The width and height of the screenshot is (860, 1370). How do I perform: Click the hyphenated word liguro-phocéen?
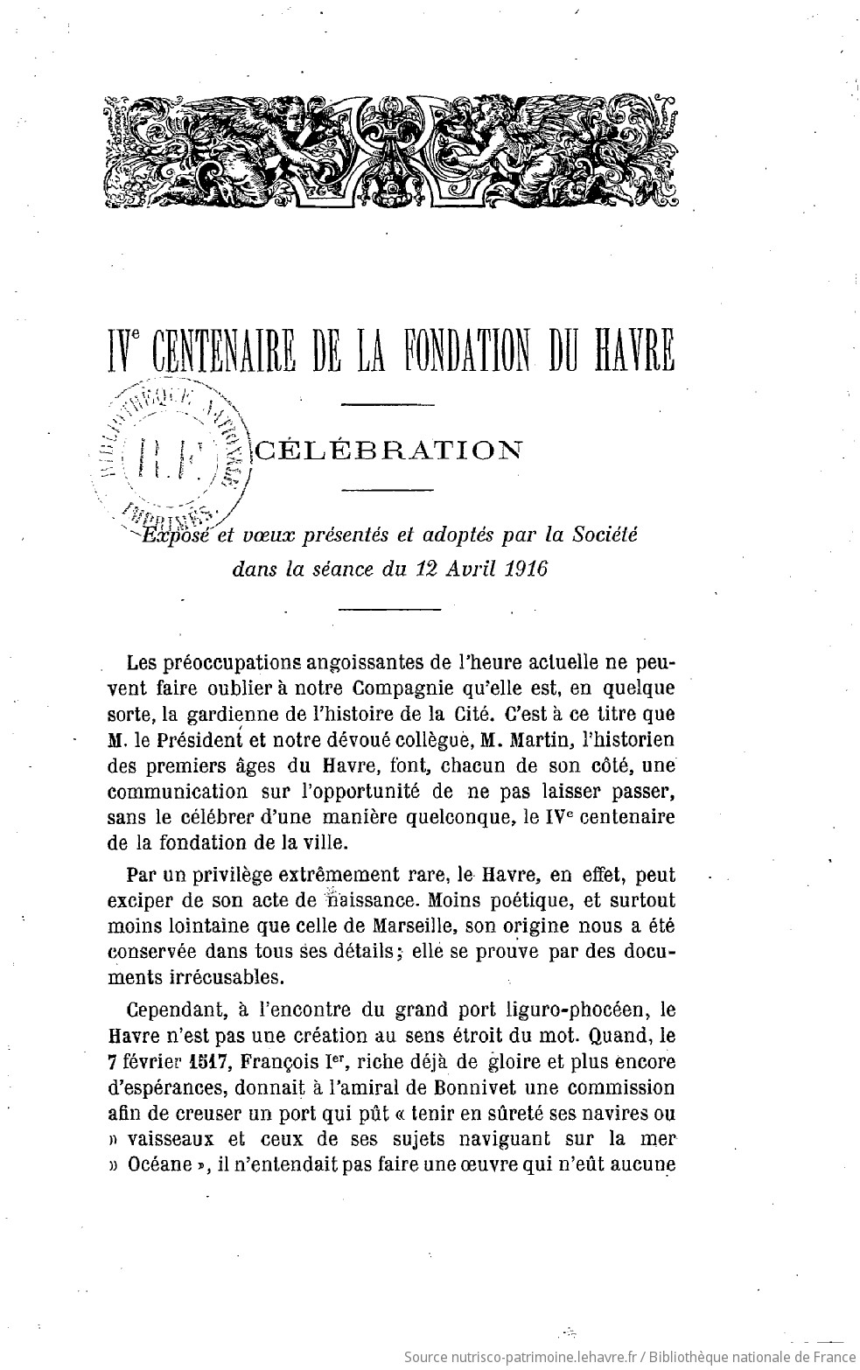[x=584, y=1008]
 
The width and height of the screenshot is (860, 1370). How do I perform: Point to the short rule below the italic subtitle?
[x=386, y=608]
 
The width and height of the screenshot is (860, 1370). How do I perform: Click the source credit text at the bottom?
[x=628, y=1357]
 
